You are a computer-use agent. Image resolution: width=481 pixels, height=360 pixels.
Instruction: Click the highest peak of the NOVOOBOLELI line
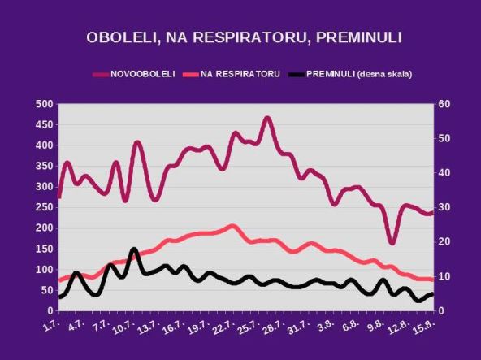point(267,119)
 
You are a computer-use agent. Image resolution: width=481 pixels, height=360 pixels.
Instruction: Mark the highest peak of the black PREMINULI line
point(134,249)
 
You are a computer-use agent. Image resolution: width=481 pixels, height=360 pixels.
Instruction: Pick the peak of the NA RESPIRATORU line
point(232,226)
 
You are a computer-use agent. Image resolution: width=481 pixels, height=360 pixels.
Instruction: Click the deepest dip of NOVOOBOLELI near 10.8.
point(392,242)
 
